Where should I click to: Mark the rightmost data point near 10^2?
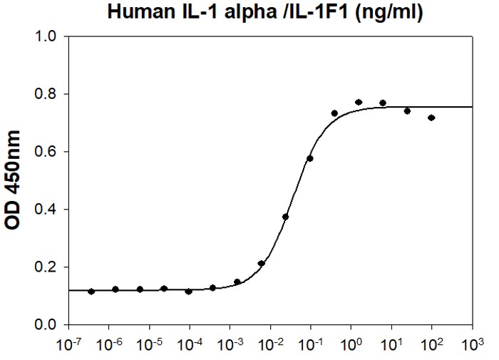click(x=431, y=118)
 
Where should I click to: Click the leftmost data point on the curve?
click(x=91, y=291)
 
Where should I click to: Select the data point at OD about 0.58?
click(x=309, y=158)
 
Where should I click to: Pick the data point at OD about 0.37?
click(x=285, y=217)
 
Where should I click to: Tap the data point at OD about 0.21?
click(x=262, y=263)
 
